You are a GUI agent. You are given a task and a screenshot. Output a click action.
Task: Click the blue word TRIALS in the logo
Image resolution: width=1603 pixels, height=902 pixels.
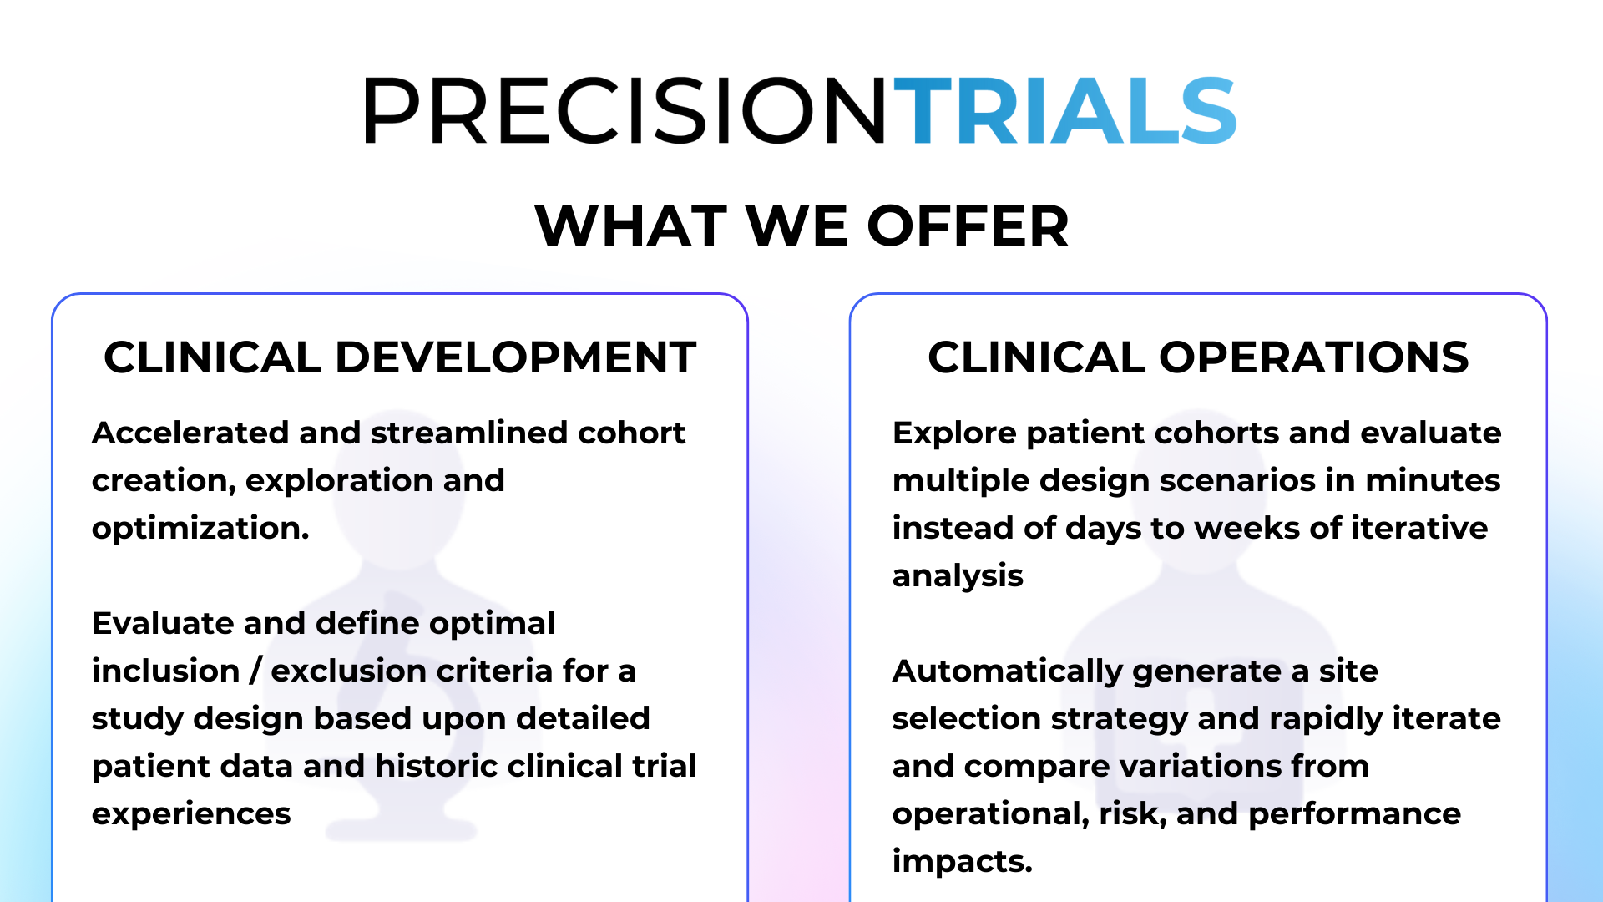pos(1065,111)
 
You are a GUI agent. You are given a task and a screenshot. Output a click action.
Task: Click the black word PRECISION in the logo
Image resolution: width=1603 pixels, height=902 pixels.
pos(625,111)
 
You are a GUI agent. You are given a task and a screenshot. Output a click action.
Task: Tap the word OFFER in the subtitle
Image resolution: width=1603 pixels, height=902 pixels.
pos(968,226)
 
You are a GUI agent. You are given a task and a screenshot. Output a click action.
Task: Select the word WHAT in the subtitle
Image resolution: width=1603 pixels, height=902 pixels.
pos(631,226)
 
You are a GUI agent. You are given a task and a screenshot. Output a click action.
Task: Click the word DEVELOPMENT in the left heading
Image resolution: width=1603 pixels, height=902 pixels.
pos(515,357)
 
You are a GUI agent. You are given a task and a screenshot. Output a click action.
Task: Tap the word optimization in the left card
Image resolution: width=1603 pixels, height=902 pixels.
pos(200,529)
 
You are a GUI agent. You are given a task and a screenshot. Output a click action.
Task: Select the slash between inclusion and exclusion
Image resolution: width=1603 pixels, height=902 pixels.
pos(255,671)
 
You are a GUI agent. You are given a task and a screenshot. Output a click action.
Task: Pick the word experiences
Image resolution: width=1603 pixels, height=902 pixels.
pos(191,813)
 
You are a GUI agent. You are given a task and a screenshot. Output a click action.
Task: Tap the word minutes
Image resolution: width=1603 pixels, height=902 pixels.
pos(1433,480)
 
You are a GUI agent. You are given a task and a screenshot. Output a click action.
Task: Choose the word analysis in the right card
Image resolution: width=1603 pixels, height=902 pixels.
pos(958,576)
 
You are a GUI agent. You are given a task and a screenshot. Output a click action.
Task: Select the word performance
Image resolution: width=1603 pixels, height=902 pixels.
pos(1354,813)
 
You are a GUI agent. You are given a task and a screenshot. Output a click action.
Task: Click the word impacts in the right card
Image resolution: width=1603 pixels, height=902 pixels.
pos(962,861)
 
